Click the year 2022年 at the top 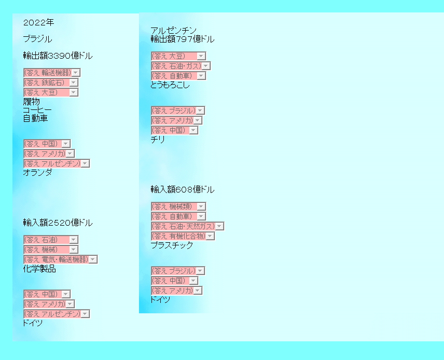(x=38, y=23)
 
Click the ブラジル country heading (x=37, y=39)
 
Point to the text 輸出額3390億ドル (x=58, y=56)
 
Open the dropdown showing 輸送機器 (x=52, y=73)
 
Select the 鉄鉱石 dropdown (x=50, y=82)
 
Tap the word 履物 (x=31, y=102)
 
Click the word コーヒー (x=37, y=110)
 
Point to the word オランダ (x=37, y=173)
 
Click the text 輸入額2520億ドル (x=58, y=223)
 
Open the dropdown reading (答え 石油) (x=50, y=240)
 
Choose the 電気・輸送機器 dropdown (x=60, y=259)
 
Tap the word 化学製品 (x=39, y=269)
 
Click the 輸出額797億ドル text (x=182, y=39)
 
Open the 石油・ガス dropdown (x=181, y=66)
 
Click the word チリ (x=158, y=140)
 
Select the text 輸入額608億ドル (x=182, y=190)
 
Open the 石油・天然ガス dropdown (x=187, y=226)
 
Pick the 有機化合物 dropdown (x=183, y=236)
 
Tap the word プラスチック (x=172, y=246)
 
